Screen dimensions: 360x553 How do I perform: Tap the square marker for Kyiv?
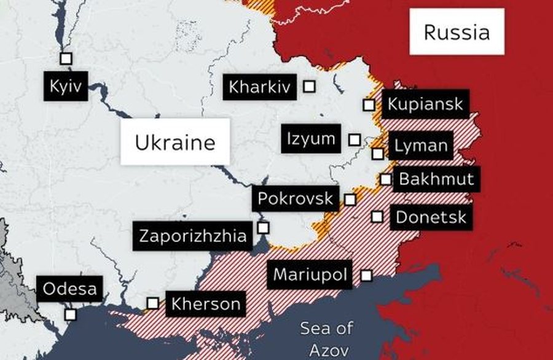66,58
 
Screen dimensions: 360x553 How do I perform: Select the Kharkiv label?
259,87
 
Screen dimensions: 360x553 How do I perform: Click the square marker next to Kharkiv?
310,87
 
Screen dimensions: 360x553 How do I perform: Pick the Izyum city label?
312,139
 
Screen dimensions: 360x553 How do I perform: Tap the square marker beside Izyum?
354,139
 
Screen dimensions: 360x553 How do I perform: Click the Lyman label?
421,146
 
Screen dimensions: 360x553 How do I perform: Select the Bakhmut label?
436,179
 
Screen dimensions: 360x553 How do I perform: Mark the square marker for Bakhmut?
385,179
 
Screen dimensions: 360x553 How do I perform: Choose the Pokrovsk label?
296,199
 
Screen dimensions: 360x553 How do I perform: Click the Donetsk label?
431,217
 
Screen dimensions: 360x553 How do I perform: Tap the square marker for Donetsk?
377,217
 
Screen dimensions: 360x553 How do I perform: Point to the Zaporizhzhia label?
193,236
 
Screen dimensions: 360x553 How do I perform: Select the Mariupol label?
310,274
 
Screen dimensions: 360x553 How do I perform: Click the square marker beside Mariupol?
366,275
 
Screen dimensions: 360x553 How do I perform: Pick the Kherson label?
206,303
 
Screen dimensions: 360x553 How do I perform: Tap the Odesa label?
69,288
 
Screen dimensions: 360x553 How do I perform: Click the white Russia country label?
457,32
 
